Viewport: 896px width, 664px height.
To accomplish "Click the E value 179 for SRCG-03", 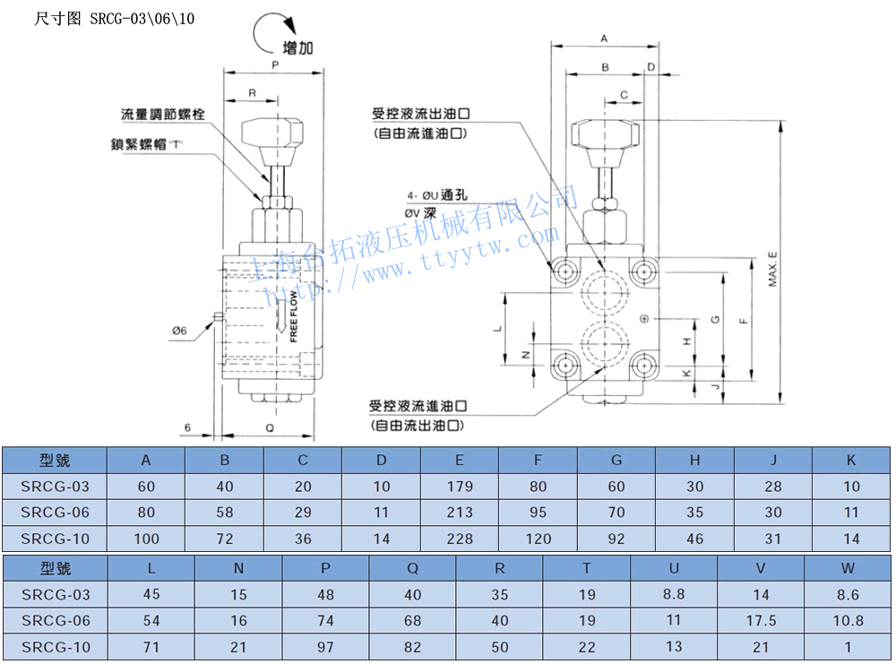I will coord(460,487).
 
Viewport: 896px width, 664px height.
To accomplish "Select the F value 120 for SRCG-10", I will coord(538,539).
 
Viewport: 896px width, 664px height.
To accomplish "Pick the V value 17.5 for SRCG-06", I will coord(761,620).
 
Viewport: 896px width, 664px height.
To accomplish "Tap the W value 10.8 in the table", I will coord(849,620).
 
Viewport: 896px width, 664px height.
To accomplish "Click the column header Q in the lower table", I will coord(412,568).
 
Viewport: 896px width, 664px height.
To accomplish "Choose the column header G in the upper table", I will coord(616,461).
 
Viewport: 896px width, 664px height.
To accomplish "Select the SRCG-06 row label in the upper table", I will coord(56,513).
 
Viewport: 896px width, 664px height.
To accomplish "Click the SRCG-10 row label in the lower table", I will coord(56,646).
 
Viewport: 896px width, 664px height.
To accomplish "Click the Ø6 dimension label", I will coord(179,331).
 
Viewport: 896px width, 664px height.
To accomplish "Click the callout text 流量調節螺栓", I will coord(163,115).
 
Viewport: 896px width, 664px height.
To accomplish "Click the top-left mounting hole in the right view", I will coord(565,271).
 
